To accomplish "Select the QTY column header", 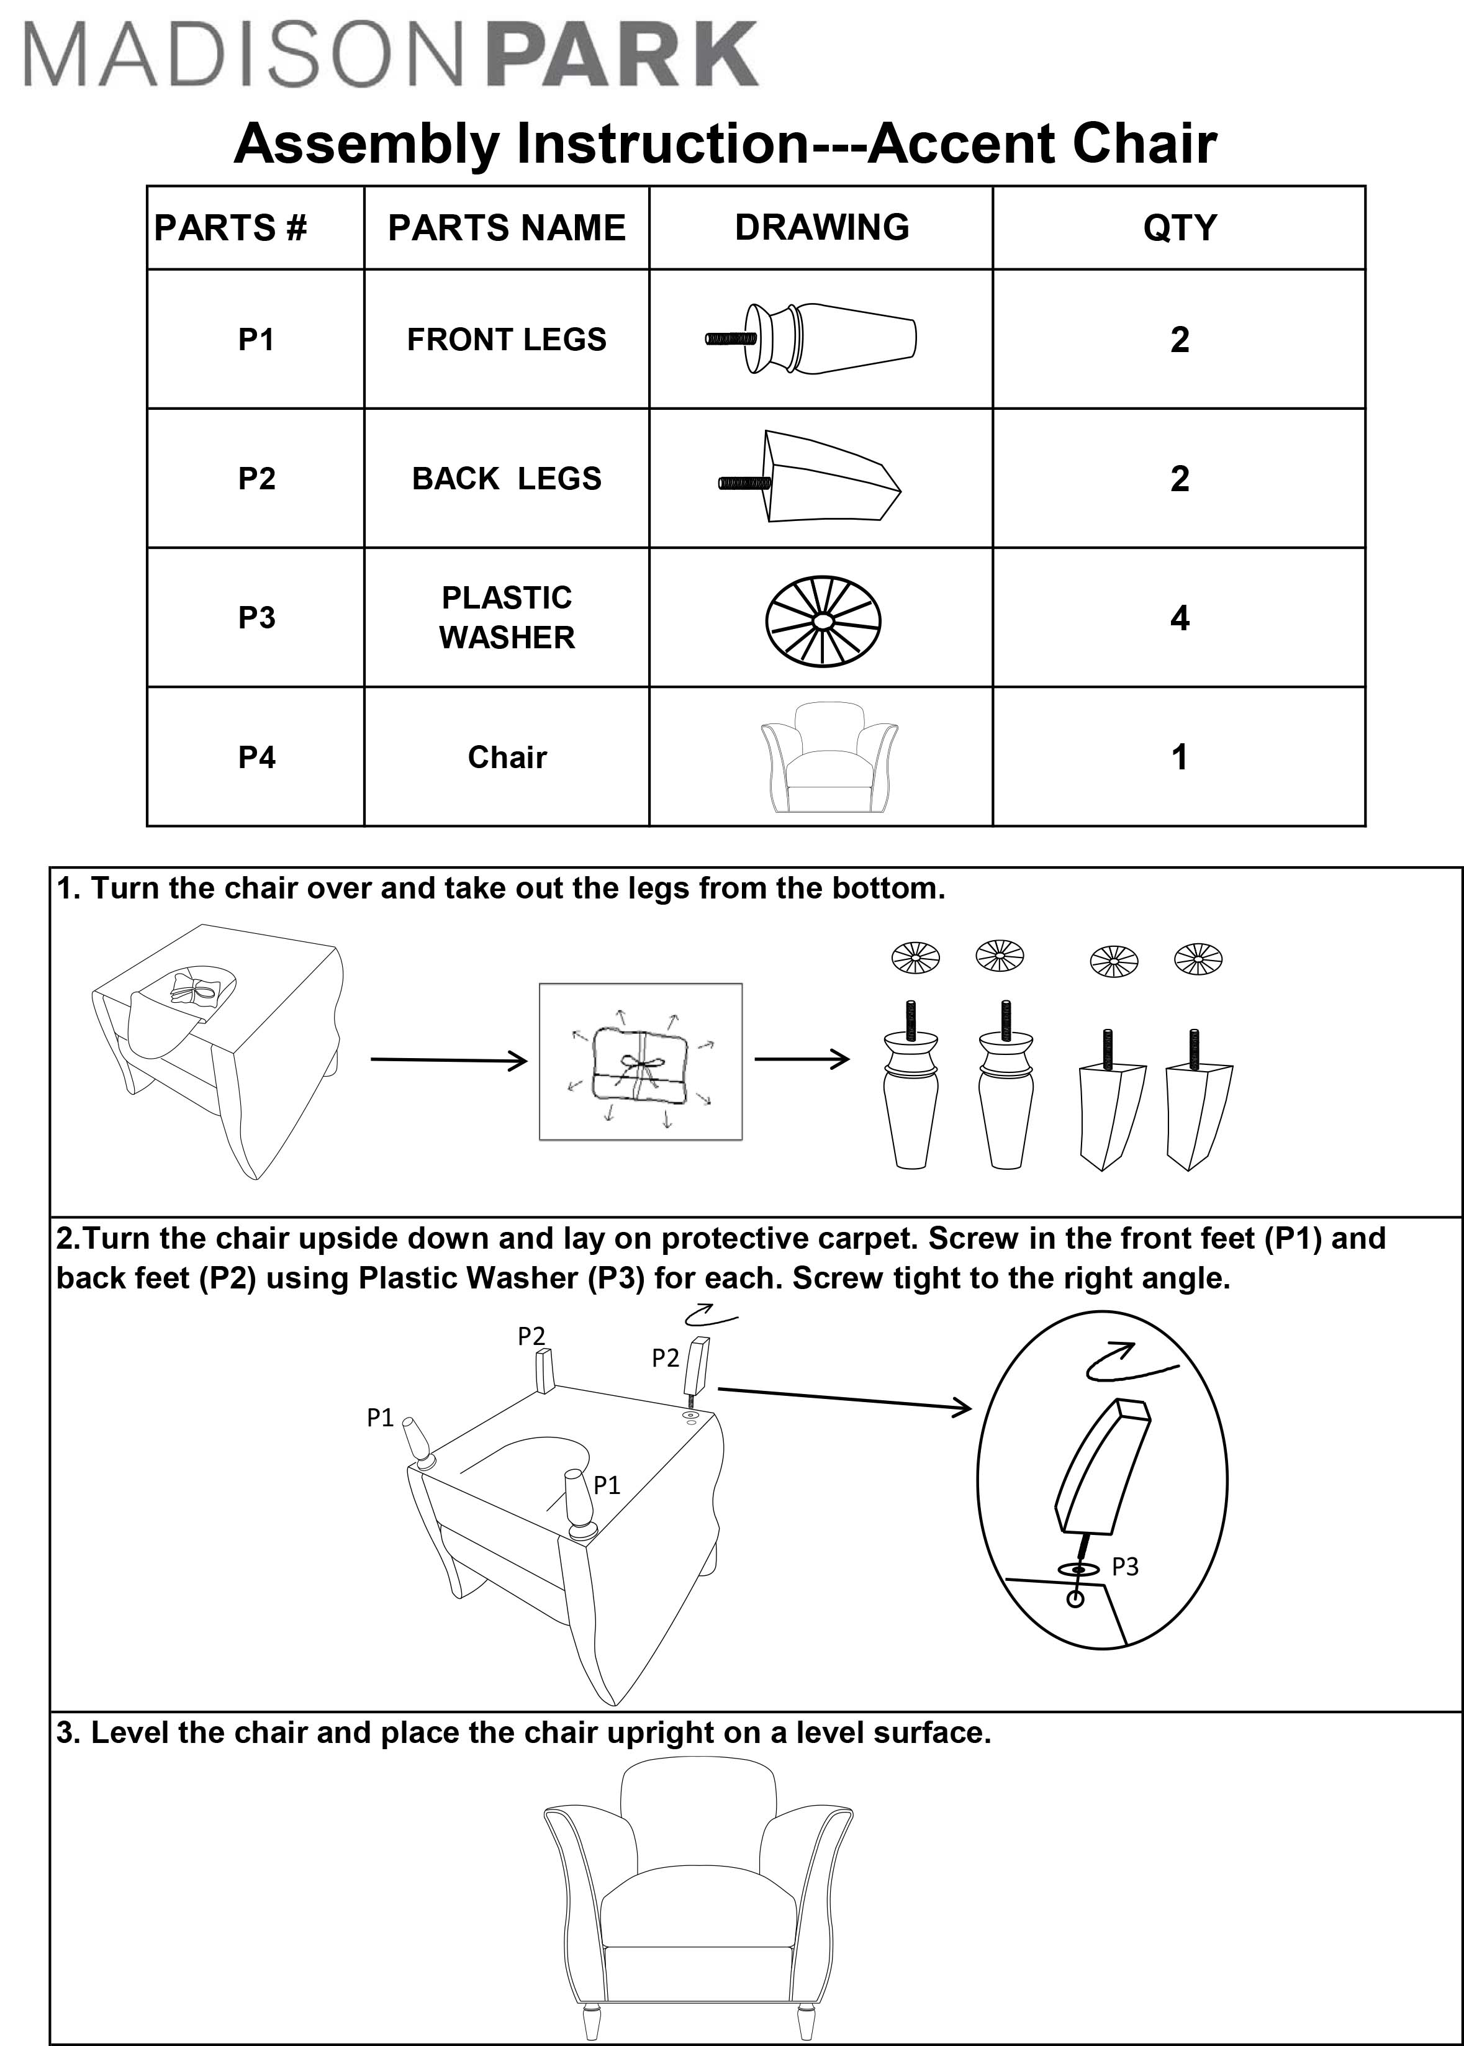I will (1179, 227).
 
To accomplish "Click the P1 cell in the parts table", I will (256, 340).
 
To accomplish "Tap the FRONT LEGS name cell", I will (507, 340).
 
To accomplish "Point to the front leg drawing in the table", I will (811, 339).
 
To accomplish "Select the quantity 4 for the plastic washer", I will (1179, 618).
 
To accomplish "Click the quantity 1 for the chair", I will (1179, 757).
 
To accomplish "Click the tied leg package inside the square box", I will (640, 1064).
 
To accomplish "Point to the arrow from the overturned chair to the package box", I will (449, 1060).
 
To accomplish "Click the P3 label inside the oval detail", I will (1124, 1567).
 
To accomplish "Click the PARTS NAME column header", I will (507, 227).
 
